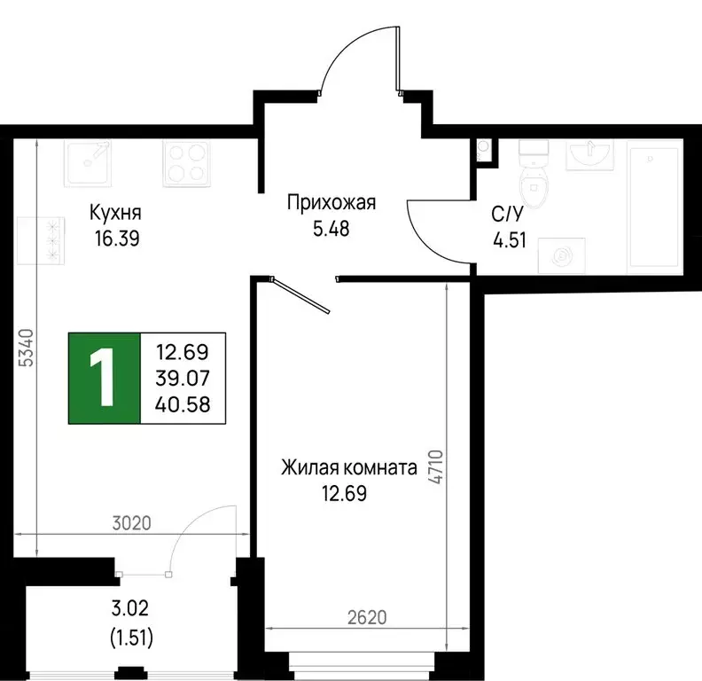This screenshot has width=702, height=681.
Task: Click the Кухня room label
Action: (x=115, y=214)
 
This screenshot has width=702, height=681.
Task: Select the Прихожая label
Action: (x=331, y=203)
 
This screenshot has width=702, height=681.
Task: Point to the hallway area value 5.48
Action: (x=331, y=228)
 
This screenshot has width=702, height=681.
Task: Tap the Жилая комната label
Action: (x=348, y=467)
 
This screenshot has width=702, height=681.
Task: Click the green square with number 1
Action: (x=105, y=378)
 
